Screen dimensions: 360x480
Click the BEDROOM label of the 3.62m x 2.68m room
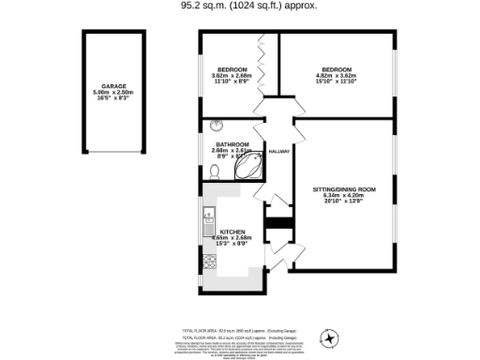tap(232, 70)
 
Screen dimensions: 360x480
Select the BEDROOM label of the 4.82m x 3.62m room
tap(337, 70)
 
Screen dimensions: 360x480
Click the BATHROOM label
tap(232, 142)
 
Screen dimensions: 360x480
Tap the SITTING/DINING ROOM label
tap(344, 189)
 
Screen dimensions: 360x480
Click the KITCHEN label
tap(232, 232)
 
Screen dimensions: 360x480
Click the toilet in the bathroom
tap(216, 171)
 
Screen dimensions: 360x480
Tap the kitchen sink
tap(208, 222)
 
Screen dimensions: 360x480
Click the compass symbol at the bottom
tap(329, 337)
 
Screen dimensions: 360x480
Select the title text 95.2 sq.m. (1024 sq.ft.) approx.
tap(248, 5)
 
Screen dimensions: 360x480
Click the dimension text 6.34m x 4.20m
tap(344, 197)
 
